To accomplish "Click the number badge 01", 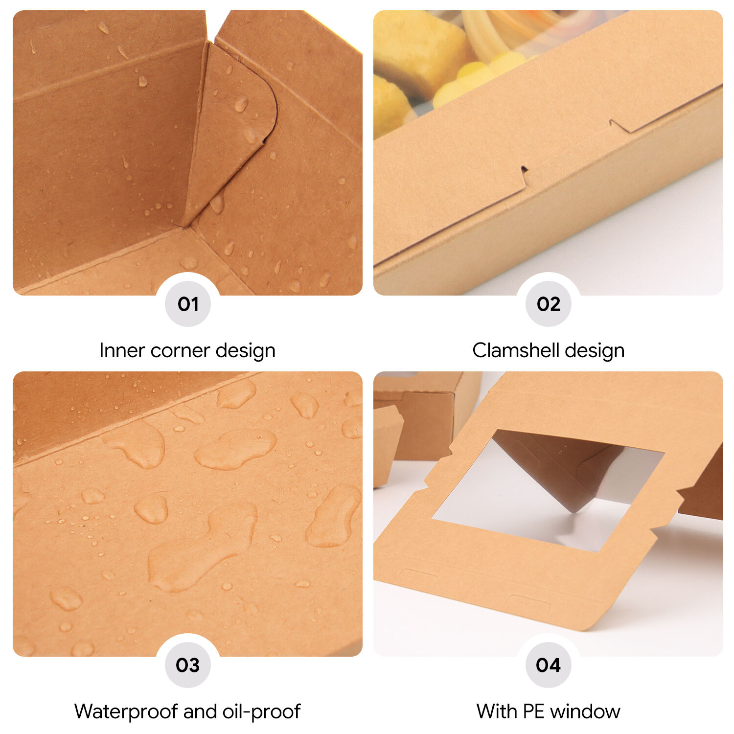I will pos(188,304).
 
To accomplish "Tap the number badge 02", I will pos(548,304).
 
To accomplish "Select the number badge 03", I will pos(188,665).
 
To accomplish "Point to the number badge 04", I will pos(548,665).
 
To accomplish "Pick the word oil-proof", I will pos(262,711).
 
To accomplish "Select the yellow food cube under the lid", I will pos(421,49).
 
